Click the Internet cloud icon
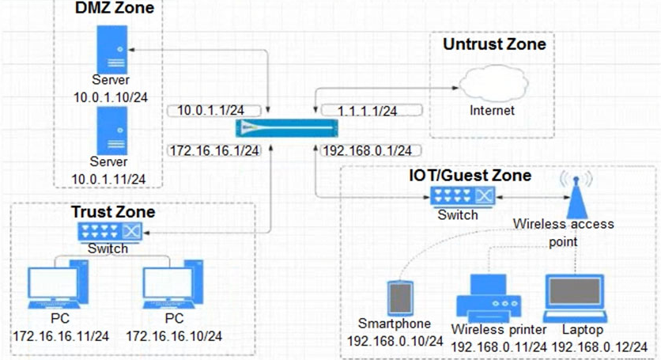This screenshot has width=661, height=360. [x=493, y=83]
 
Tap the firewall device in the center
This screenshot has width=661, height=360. [x=287, y=128]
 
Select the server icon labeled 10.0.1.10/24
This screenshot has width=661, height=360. [x=112, y=50]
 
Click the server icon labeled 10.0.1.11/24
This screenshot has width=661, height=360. [x=112, y=131]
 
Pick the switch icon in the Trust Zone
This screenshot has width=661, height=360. [x=110, y=232]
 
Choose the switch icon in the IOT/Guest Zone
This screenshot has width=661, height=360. [x=463, y=197]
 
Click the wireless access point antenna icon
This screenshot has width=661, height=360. [x=576, y=195]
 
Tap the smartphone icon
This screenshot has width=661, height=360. [x=400, y=298]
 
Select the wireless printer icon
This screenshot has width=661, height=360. [x=489, y=298]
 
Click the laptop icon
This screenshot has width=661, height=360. [x=575, y=298]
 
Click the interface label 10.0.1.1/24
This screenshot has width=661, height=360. [x=211, y=111]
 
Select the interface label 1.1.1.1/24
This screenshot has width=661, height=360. [x=367, y=111]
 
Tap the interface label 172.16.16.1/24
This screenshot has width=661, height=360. [x=214, y=150]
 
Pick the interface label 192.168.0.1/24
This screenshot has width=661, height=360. [x=367, y=150]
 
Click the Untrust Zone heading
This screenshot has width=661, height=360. [x=494, y=44]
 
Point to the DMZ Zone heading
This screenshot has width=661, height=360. [x=115, y=8]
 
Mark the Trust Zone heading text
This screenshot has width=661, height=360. [x=113, y=212]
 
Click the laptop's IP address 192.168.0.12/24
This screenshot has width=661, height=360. [x=599, y=347]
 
